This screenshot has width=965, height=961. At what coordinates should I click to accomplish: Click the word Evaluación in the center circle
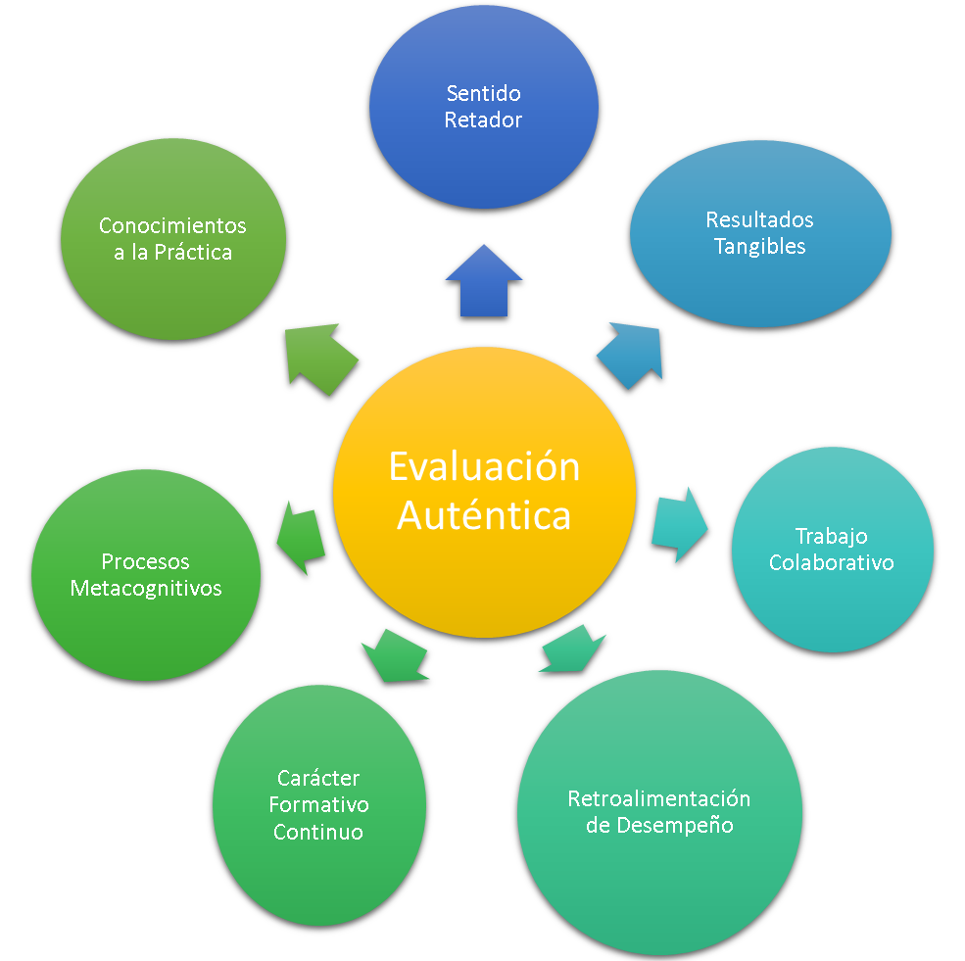click(x=484, y=467)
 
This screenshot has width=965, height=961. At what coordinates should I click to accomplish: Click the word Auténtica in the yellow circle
click(x=484, y=514)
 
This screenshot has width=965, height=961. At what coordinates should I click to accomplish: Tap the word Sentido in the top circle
click(x=483, y=94)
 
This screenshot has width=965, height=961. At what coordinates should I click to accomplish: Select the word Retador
click(x=483, y=120)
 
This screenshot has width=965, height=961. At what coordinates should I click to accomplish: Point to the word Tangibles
click(x=759, y=246)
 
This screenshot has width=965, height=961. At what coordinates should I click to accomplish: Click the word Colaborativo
click(x=832, y=563)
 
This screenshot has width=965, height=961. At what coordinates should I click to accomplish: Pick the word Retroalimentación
click(x=659, y=798)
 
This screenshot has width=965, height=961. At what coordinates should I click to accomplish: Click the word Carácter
click(x=318, y=779)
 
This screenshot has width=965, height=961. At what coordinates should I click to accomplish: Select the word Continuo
click(x=318, y=833)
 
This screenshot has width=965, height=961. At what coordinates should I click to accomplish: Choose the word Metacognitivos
click(x=146, y=589)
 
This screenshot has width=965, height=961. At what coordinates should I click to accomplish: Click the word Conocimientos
click(x=172, y=226)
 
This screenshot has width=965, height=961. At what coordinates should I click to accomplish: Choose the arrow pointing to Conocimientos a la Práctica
click(x=319, y=358)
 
